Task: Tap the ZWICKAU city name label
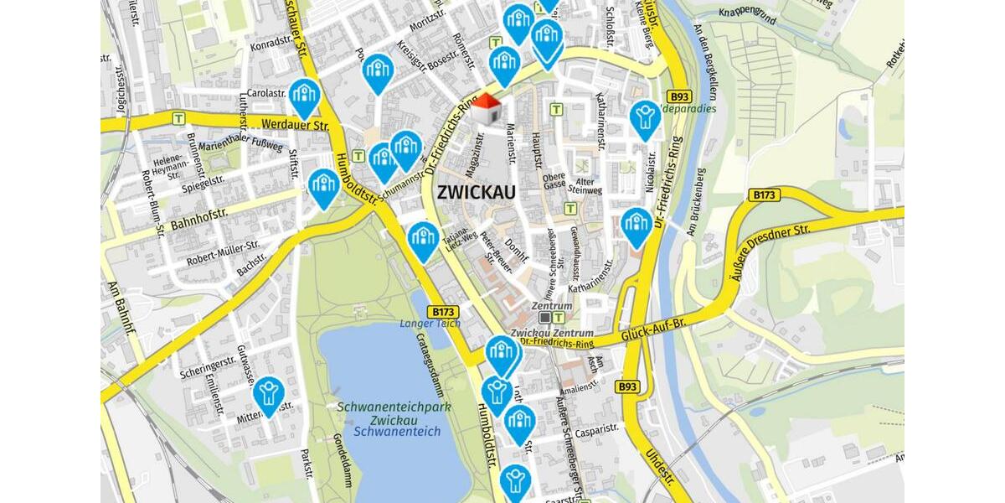tap(477, 191)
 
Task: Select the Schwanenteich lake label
tap(397, 432)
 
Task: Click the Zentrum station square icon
tap(545, 318)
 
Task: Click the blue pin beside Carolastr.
tap(304, 96)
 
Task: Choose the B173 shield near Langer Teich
tap(446, 310)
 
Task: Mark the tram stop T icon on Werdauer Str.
tap(178, 119)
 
